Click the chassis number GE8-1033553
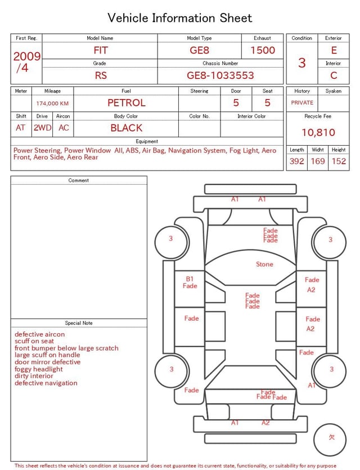(x=220, y=75)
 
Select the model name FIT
(x=100, y=50)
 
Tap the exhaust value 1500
(x=262, y=50)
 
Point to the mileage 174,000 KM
(x=52, y=104)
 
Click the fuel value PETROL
(x=127, y=103)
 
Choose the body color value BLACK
(x=127, y=128)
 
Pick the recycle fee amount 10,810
(x=318, y=132)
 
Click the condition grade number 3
(x=302, y=62)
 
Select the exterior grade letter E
(x=334, y=50)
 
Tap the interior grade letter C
(x=334, y=75)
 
